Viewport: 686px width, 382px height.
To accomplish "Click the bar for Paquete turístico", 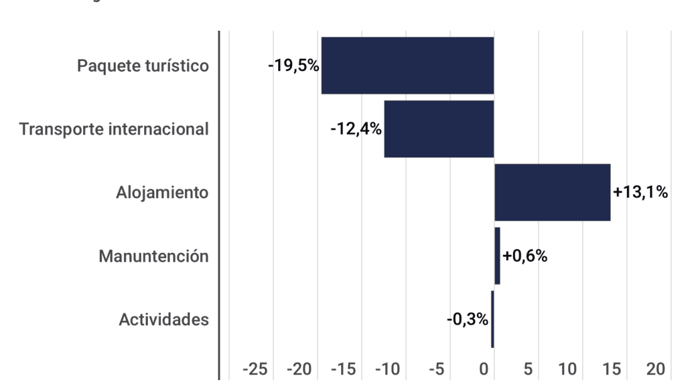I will tap(407, 66).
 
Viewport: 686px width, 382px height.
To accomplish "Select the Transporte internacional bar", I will tap(439, 129).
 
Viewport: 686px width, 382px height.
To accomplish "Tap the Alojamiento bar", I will tap(552, 192).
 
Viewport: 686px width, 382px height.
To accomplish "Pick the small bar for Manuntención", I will tap(497, 256).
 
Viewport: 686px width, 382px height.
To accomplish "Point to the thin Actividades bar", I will tap(492, 319).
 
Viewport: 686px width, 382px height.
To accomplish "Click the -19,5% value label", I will tap(293, 66).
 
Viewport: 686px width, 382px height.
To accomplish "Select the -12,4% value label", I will tap(356, 129).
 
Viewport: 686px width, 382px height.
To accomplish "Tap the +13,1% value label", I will tap(640, 193).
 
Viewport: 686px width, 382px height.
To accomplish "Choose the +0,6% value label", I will tap(525, 256).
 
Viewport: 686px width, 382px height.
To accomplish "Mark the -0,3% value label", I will tap(468, 320).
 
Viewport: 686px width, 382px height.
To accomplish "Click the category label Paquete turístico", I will tap(143, 66).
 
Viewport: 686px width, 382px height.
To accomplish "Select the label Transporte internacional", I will tap(114, 129).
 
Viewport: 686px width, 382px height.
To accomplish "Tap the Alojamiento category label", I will tap(162, 193).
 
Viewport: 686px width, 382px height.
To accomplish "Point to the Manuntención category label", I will tap(153, 256).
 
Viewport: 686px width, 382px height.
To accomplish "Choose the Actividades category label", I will tap(163, 320).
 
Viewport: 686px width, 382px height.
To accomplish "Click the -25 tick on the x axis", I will tap(255, 369).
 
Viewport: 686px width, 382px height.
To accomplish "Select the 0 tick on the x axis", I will tap(484, 369).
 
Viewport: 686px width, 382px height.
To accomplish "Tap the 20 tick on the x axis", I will tap(656, 369).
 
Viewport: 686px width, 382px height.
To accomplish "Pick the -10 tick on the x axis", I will tap(387, 369).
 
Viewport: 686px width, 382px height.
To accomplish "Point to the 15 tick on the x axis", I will tap(612, 369).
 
